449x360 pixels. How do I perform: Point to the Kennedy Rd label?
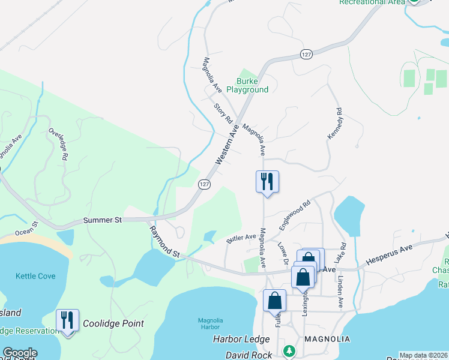pyautogui.click(x=334, y=125)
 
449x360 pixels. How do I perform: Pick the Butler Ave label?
pyautogui.click(x=241, y=238)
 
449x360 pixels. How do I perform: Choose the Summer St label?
pyautogui.click(x=103, y=220)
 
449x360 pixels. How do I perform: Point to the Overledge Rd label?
pyautogui.click(x=58, y=143)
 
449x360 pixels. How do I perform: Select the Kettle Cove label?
pyautogui.click(x=35, y=276)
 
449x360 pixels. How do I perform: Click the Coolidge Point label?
pyautogui.click(x=113, y=323)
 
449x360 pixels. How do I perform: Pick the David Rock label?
pyautogui.click(x=249, y=355)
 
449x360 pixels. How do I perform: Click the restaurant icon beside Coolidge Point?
pyautogui.click(x=67, y=320)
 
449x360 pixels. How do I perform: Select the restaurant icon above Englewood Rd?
pyautogui.click(x=267, y=181)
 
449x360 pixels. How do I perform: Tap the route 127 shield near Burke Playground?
pyautogui.click(x=306, y=54)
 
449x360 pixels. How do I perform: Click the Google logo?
pyautogui.click(x=20, y=353)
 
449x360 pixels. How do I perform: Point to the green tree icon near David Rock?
pyautogui.click(x=289, y=350)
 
